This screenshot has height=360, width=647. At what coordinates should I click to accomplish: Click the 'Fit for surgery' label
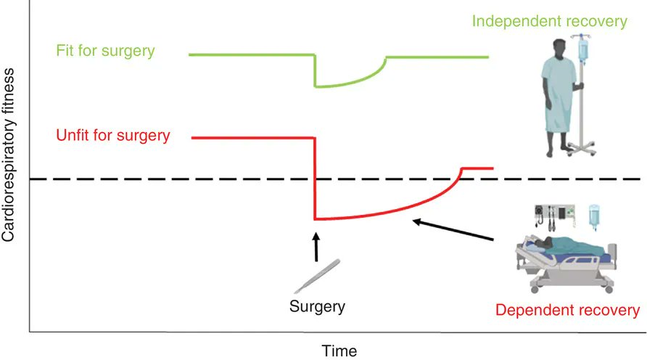click(105, 52)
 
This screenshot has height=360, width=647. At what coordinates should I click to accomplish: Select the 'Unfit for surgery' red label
click(112, 135)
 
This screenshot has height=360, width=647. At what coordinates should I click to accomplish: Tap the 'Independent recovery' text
click(549, 20)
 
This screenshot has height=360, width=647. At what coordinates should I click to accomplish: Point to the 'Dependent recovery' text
click(567, 311)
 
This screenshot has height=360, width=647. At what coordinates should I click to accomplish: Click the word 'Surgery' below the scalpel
click(317, 306)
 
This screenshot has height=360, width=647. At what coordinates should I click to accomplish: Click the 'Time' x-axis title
click(339, 351)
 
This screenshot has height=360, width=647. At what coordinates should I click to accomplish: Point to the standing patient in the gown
click(559, 102)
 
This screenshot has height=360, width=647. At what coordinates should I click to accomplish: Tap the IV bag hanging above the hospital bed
click(595, 216)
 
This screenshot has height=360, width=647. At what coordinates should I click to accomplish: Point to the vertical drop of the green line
click(314, 71)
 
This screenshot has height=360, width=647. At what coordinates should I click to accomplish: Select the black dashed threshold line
click(181, 179)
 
